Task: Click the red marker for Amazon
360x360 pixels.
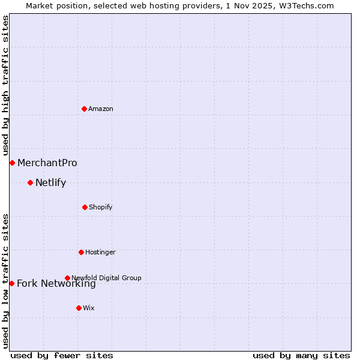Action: click(84, 109)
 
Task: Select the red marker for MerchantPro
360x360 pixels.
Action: click(12, 163)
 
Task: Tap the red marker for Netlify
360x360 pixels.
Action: click(30, 182)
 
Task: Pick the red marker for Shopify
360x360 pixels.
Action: click(85, 207)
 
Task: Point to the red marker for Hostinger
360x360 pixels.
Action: click(81, 252)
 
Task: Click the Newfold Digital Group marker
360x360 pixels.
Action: click(67, 278)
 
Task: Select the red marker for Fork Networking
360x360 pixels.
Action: click(11, 283)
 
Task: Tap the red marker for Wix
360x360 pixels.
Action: click(79, 308)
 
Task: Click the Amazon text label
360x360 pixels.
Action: click(101, 109)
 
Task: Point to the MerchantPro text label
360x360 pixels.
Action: click(47, 163)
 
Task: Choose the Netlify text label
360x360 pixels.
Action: click(50, 182)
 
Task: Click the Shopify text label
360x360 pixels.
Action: click(101, 207)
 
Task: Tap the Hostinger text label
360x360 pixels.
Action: click(100, 252)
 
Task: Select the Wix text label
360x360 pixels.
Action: click(89, 308)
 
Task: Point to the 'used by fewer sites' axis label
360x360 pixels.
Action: click(62, 355)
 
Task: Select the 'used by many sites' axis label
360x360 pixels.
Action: click(301, 355)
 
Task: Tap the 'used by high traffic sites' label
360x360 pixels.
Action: click(5, 86)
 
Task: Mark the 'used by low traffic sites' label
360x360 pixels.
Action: click(5, 280)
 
